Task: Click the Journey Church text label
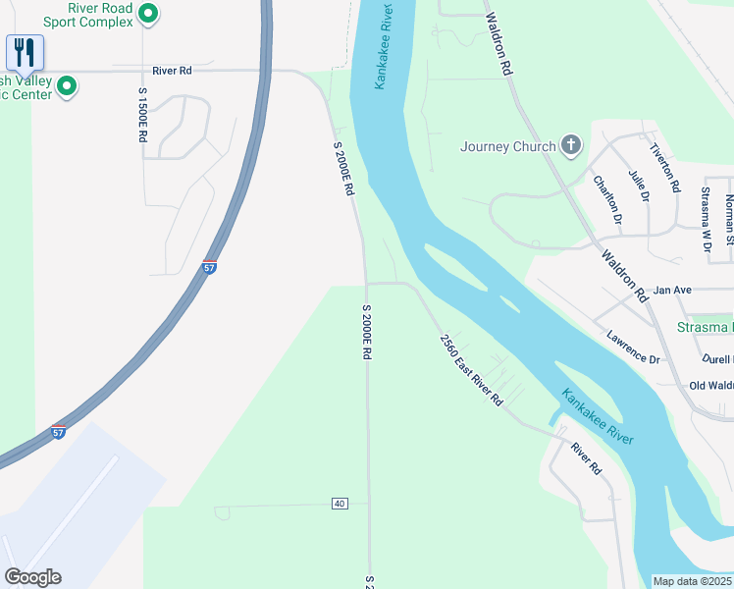506,147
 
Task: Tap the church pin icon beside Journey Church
570,147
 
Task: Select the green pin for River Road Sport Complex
147,14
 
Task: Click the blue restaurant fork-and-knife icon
25,52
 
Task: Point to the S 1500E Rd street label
142,116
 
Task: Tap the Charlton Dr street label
607,199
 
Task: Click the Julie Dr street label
639,185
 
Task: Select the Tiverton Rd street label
665,166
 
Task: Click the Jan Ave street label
672,291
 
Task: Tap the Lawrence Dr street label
632,346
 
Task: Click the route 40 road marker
340,504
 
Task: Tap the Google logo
32,577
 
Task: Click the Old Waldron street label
711,386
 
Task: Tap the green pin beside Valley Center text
68,86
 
